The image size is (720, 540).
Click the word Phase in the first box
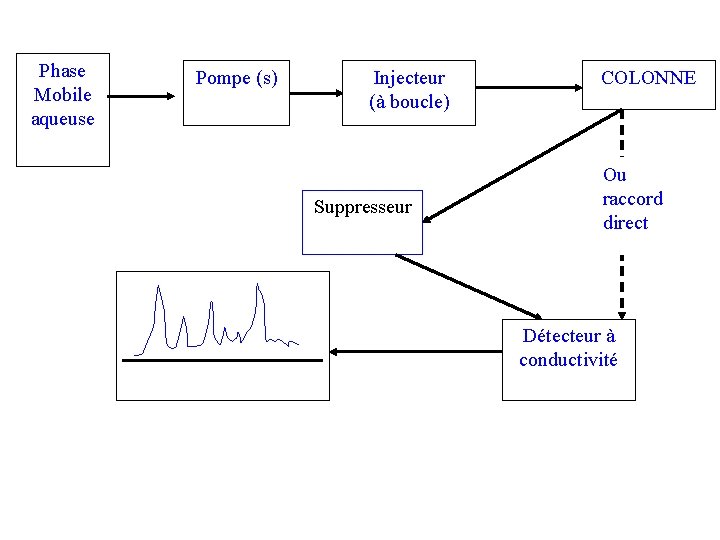[62, 71]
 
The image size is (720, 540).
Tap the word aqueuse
[62, 119]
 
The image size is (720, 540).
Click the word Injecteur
[409, 78]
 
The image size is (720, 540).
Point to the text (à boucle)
[409, 102]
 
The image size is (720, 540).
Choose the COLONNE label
[648, 78]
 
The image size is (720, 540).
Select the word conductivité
[568, 360]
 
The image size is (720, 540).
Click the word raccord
[632, 199]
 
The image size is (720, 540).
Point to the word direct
[625, 223]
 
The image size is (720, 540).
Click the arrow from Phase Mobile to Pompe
[140, 97]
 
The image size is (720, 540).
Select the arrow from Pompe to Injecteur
[315, 94]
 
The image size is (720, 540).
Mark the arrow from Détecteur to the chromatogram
[415, 352]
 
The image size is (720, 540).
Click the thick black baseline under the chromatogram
[222, 359]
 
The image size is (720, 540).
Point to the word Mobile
[62, 95]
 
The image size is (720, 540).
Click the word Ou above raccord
[614, 175]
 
